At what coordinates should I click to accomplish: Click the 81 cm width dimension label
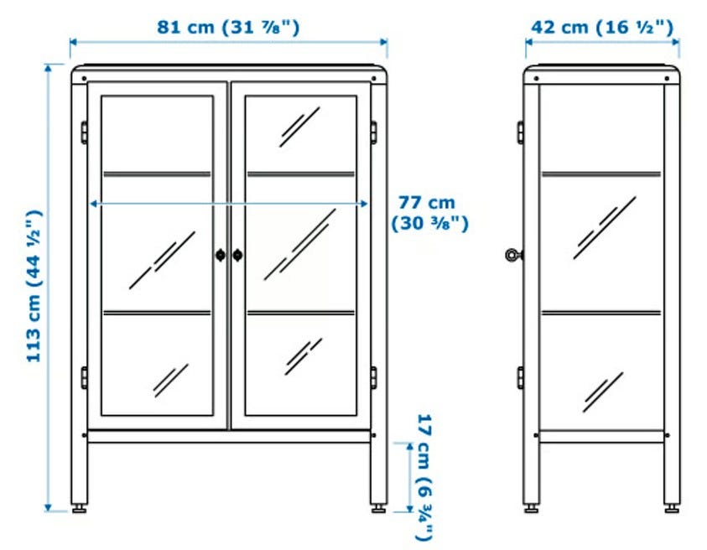point(228,27)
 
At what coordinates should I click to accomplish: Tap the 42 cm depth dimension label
point(602,27)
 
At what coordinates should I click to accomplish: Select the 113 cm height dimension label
point(34,286)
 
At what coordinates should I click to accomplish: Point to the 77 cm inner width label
point(429,213)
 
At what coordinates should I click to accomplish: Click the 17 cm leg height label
point(424,477)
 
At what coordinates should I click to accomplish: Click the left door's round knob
point(220,255)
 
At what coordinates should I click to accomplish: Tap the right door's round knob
point(237,255)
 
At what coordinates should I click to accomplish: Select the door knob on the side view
point(513,255)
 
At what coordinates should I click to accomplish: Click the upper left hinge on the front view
point(85,132)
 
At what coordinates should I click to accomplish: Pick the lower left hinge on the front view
point(85,378)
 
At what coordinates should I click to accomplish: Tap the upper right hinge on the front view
point(374,132)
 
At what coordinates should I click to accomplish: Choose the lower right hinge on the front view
point(374,378)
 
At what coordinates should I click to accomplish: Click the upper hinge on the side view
point(521,132)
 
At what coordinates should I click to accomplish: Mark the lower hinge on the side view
point(521,378)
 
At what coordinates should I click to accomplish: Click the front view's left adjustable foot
point(80,508)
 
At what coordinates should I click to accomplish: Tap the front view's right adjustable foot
point(379,508)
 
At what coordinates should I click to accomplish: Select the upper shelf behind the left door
point(157,174)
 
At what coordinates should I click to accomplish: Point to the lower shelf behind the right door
point(301,313)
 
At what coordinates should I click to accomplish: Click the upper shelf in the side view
point(601,174)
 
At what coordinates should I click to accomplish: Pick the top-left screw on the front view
point(85,79)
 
